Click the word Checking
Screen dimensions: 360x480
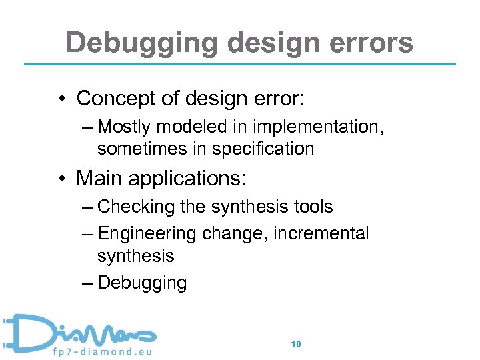coord(136,207)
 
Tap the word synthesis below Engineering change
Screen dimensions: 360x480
coord(135,256)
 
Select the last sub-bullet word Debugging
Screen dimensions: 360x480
coord(142,283)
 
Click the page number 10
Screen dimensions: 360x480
coord(297,345)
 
